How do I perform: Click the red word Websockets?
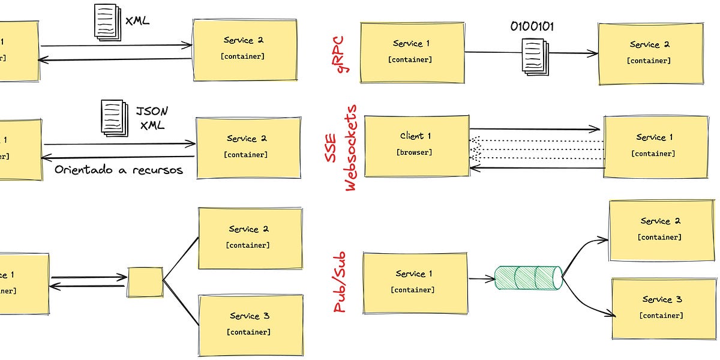tap(352, 148)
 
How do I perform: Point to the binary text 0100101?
tap(532, 27)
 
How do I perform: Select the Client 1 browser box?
tap(416, 146)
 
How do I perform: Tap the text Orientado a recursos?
tap(118, 170)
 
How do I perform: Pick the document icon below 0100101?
tap(533, 56)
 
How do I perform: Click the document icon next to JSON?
tap(113, 117)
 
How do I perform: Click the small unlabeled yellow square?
tap(145, 282)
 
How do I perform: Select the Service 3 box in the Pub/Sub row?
tap(663, 308)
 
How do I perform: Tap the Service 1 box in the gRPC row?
tap(412, 53)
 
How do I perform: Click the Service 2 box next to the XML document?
tap(244, 49)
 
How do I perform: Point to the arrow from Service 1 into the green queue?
tap(481, 279)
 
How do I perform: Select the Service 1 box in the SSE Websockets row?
tap(655, 146)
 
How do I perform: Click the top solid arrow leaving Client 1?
tap(534, 129)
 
